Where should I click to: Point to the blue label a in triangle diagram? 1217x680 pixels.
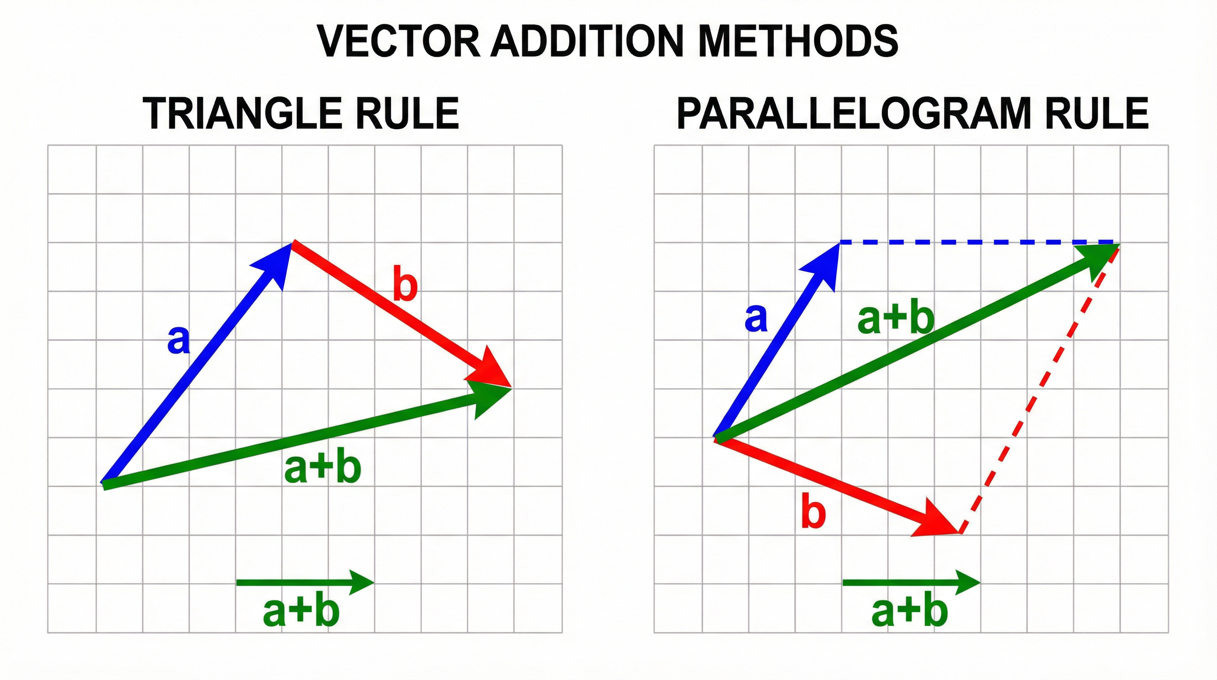click(179, 340)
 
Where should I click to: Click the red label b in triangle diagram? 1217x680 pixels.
click(406, 285)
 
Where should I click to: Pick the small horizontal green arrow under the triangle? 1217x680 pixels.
click(305, 582)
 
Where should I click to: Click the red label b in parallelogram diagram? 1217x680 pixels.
click(813, 512)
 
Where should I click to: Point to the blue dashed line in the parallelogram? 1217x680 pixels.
click(978, 243)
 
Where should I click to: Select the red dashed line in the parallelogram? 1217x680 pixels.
click(1039, 388)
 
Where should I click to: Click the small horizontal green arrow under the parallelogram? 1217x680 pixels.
click(911, 582)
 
